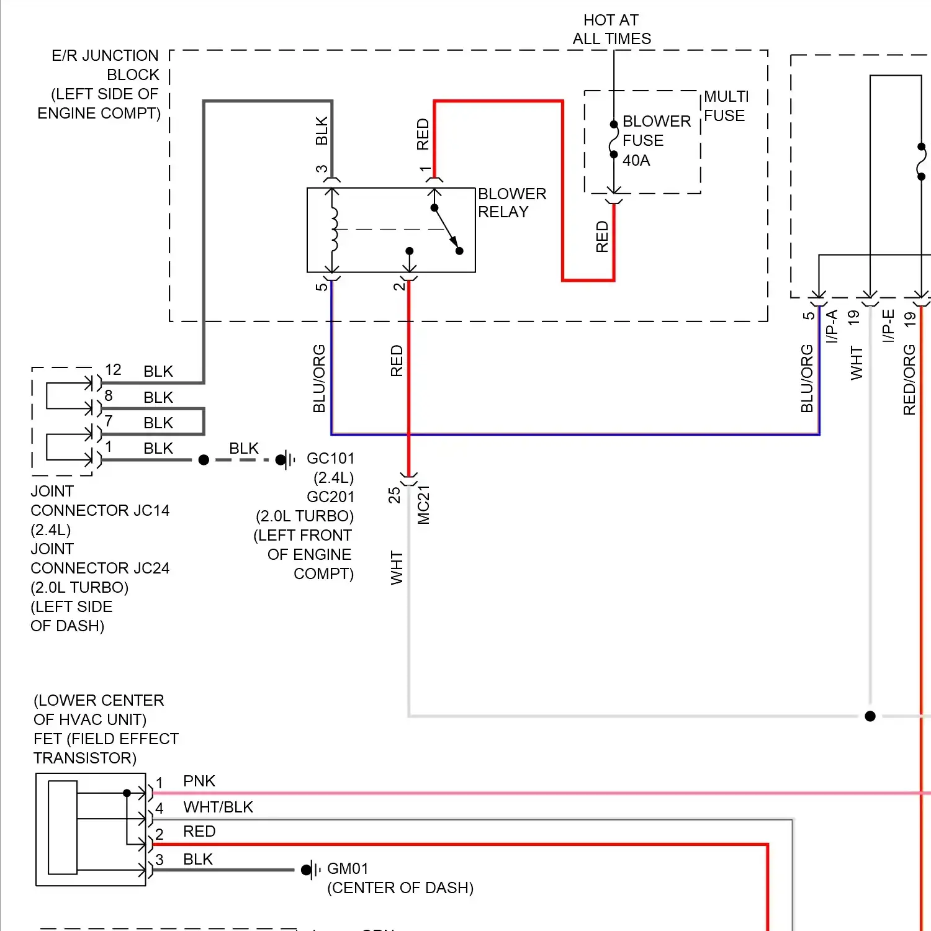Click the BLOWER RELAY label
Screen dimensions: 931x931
coord(511,203)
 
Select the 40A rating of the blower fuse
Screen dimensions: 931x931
coord(636,160)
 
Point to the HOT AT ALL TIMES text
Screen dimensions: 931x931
coord(611,30)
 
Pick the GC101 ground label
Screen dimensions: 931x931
coord(330,459)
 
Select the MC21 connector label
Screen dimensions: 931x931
coord(424,505)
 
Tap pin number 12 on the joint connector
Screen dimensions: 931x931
coord(113,370)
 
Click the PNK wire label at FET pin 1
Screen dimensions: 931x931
coord(199,781)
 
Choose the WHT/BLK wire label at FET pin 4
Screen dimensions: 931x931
coord(218,807)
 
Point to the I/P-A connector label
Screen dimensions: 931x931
coord(832,326)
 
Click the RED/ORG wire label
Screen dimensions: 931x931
coord(909,380)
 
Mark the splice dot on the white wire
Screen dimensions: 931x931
coord(870,716)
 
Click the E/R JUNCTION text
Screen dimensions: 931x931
coord(105,56)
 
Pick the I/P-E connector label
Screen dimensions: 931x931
coord(888,326)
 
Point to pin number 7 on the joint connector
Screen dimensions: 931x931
coord(109,421)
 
